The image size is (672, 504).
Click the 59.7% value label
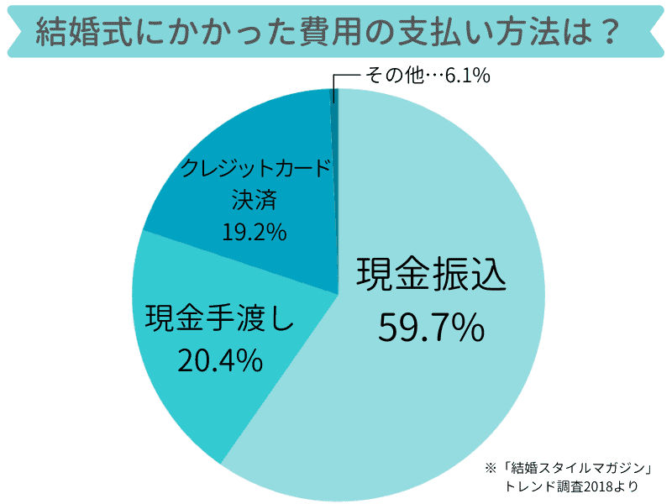tap(431, 327)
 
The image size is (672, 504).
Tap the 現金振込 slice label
tap(432, 273)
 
